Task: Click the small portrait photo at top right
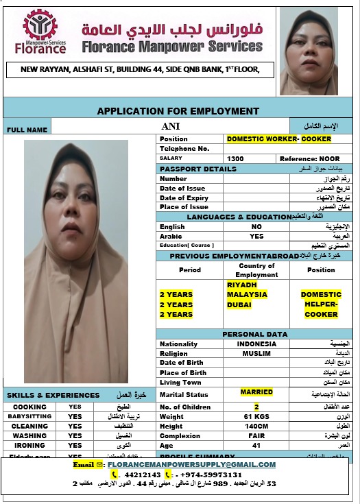tap(309, 51)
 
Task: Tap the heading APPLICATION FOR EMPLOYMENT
tap(178, 110)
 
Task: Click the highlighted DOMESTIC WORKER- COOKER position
tap(278, 139)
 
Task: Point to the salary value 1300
tap(235, 158)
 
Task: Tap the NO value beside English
tap(256, 226)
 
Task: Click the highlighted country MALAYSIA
tap(246, 294)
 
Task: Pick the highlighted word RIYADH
tap(241, 284)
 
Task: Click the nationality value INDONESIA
tap(256, 344)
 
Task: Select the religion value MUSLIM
tap(256, 353)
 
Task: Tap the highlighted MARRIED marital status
tap(256, 392)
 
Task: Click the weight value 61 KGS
tap(256, 416)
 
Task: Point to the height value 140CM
tap(256, 426)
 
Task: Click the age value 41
tap(256, 444)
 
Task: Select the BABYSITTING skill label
tap(29, 416)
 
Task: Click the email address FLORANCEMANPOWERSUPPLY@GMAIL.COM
tap(191, 464)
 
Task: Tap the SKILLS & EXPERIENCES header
tap(53, 395)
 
